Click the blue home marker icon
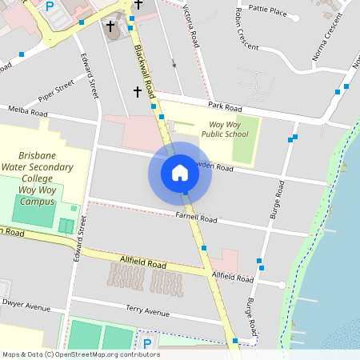pyautogui.click(x=180, y=172)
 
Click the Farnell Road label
pyautogui.click(x=198, y=218)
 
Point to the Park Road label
pyautogui.click(x=225, y=106)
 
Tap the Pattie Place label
pyautogui.click(x=268, y=11)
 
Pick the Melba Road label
pyautogui.click(x=24, y=110)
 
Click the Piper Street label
pyautogui.click(x=55, y=90)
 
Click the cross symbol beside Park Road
pyautogui.click(x=137, y=93)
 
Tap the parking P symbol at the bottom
pyautogui.click(x=146, y=344)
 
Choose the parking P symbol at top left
pyautogui.click(x=50, y=6)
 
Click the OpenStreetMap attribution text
pyautogui.click(x=81, y=354)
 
